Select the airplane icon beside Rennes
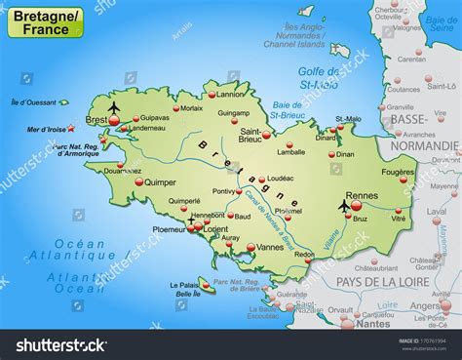click(x=343, y=205)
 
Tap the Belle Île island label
click(x=186, y=293)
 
